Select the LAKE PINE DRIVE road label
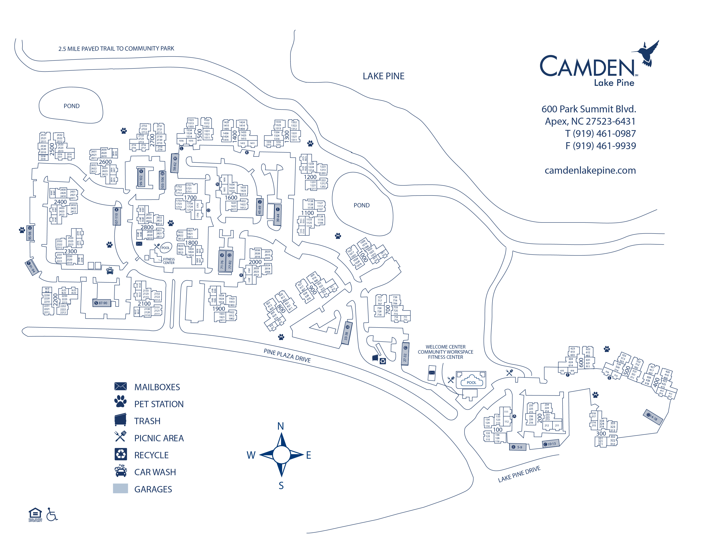click(519, 474)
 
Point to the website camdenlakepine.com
click(590, 170)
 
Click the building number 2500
click(52, 149)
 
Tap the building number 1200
click(310, 177)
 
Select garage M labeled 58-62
click(175, 163)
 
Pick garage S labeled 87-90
click(102, 303)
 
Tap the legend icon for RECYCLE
click(121, 454)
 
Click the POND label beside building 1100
click(361, 205)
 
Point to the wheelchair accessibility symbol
click(52, 514)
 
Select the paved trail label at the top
click(116, 48)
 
